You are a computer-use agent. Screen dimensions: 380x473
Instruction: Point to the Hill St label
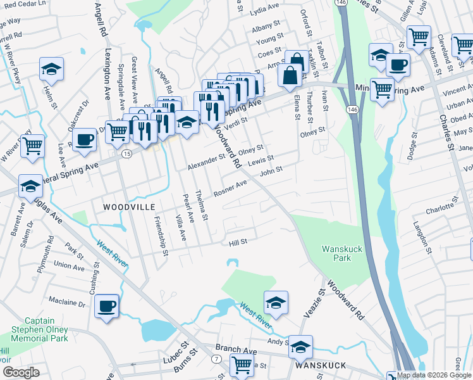click(238, 242)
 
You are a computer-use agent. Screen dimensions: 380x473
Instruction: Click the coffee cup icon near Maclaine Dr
click(106, 307)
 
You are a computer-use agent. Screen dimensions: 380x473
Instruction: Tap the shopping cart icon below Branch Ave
click(241, 365)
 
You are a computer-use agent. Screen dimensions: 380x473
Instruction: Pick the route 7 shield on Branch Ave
click(217, 359)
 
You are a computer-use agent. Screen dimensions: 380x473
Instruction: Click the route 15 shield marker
click(126, 154)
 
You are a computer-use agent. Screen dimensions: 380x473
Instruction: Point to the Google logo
click(21, 372)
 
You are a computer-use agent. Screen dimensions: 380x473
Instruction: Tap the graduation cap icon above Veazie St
click(276, 303)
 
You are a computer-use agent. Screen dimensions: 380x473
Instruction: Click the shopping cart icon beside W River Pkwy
click(32, 146)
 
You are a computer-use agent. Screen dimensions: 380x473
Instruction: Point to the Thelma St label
click(202, 206)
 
